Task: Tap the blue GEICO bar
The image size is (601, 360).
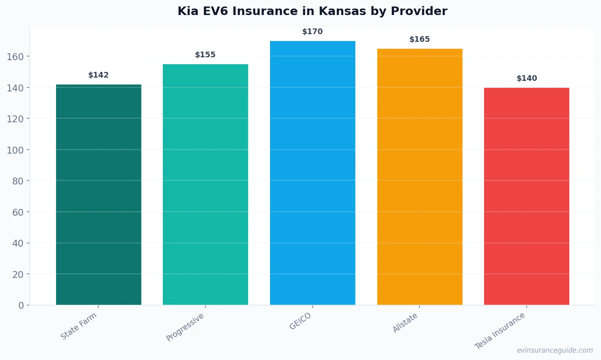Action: pos(313,173)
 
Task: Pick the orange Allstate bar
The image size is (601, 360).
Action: pos(419,177)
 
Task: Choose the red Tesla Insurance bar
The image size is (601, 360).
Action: pos(527,196)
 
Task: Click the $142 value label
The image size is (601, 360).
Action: pos(99,75)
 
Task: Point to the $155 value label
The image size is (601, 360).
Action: pos(205,55)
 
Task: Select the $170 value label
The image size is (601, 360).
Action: pos(313,32)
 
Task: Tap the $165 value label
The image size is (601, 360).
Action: pos(419,39)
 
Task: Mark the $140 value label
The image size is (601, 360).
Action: pos(527,78)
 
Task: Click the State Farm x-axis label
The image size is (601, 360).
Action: pos(79,326)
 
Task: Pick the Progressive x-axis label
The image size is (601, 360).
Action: pos(185,327)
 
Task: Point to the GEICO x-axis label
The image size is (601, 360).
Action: pos(300,321)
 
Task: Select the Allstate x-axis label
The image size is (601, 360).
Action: pos(405,323)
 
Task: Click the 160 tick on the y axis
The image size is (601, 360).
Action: pos(15,56)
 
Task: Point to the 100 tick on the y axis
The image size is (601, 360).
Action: pos(15,150)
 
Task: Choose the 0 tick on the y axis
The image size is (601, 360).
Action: pos(21,306)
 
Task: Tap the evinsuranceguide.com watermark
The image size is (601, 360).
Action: pos(555,350)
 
